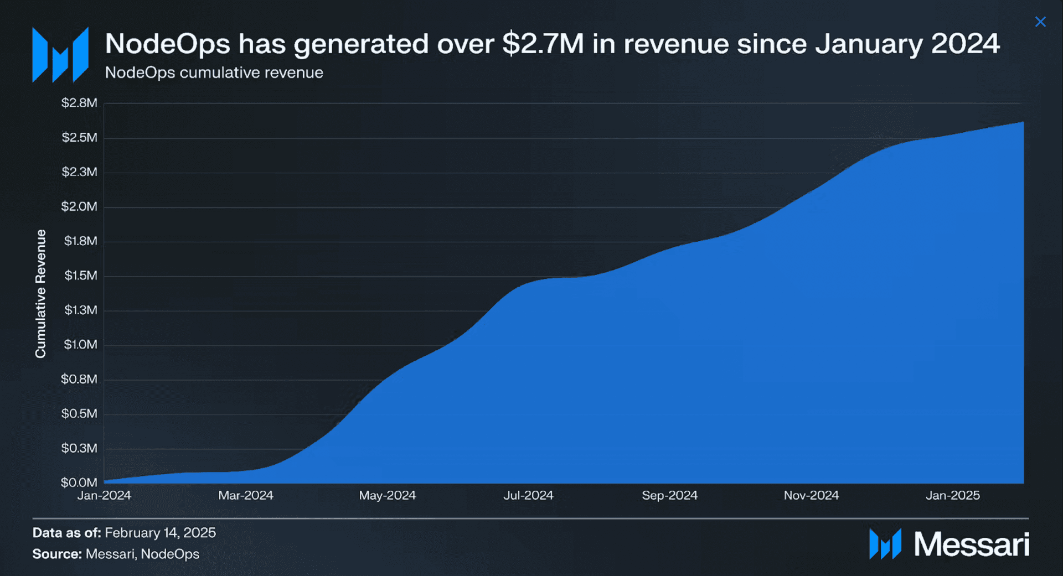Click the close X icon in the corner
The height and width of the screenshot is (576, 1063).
(1040, 22)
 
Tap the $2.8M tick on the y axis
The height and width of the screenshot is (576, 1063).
(79, 103)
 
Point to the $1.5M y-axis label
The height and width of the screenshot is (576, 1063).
(81, 276)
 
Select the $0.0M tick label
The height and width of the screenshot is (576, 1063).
(79, 482)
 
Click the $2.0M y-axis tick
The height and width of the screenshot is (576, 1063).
(79, 206)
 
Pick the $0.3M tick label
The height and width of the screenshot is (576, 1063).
(79, 448)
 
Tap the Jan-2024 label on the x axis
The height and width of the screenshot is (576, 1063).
(104, 495)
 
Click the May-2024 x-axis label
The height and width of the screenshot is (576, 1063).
(388, 495)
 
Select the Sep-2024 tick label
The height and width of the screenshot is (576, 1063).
(670, 495)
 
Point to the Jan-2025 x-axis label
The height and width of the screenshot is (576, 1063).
(953, 495)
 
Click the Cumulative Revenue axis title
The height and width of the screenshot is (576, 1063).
(40, 294)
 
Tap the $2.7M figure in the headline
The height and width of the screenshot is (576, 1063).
(543, 44)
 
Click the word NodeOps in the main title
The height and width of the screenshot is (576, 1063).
(168, 44)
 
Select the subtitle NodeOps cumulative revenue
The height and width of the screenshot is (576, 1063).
(214, 72)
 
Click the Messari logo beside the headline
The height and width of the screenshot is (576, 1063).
(60, 55)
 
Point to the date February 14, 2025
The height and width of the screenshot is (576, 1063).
(161, 533)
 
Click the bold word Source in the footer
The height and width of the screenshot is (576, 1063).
(57, 554)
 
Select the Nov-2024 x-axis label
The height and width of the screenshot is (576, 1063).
(812, 495)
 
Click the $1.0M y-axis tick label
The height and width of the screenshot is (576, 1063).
(81, 345)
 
